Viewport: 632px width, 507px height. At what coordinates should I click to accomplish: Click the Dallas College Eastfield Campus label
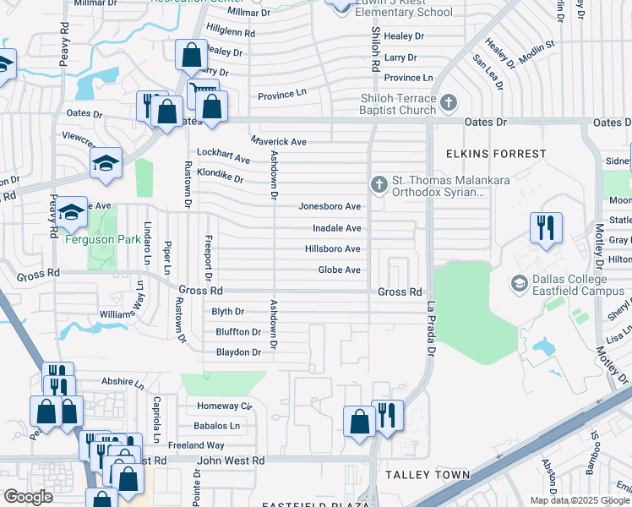pyautogui.click(x=569, y=286)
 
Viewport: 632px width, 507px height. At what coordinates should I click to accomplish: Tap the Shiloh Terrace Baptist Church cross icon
pyautogui.click(x=449, y=103)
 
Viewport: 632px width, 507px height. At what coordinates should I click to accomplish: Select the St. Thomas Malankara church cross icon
pyautogui.click(x=379, y=183)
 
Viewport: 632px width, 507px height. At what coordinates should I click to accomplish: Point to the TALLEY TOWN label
pyautogui.click(x=428, y=475)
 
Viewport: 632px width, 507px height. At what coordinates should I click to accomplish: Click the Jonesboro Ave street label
pyautogui.click(x=330, y=206)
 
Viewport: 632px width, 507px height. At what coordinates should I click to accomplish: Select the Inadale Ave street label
pyautogui.click(x=337, y=228)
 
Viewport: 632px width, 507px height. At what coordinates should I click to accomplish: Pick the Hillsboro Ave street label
pyautogui.click(x=333, y=249)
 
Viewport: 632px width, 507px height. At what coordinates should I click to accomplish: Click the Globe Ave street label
pyautogui.click(x=339, y=270)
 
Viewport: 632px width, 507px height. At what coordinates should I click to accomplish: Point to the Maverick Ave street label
pyautogui.click(x=278, y=141)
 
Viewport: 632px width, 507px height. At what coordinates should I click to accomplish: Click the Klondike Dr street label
pyautogui.click(x=220, y=179)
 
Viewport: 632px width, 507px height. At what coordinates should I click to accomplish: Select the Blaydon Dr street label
pyautogui.click(x=238, y=352)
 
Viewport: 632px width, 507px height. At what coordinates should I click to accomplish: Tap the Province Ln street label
pyautogui.click(x=281, y=95)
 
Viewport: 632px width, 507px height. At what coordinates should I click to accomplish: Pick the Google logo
pyautogui.click(x=28, y=497)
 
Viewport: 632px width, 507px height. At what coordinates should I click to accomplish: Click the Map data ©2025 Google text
pyautogui.click(x=580, y=500)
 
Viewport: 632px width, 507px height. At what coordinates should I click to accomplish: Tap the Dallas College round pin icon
pyautogui.click(x=518, y=281)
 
